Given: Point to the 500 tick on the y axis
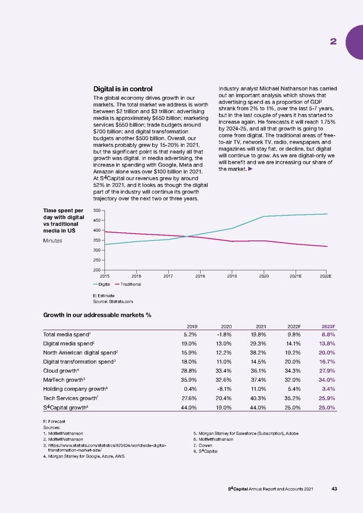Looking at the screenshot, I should (x=97, y=211).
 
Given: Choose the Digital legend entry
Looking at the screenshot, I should (x=102, y=284).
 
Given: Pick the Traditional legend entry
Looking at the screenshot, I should (x=129, y=284).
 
